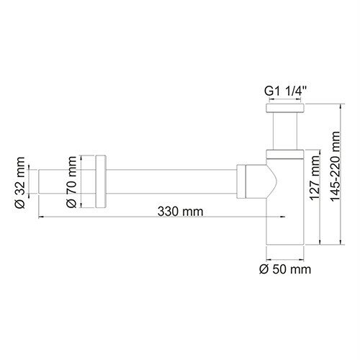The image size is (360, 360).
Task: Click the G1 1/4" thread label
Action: (284, 91)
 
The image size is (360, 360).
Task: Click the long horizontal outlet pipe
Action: (173, 181)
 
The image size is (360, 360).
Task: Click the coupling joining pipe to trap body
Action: (248, 181)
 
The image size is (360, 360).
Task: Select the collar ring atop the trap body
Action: (284, 153)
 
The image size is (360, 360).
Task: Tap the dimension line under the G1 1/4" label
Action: (284, 102)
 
